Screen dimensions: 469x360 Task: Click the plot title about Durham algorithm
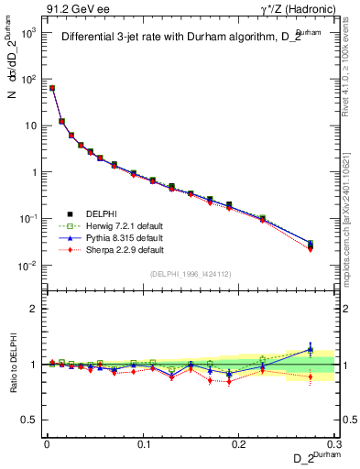tap(184, 38)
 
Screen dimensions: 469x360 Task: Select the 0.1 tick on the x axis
tap(144, 443)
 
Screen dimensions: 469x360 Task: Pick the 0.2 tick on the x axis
tap(240, 443)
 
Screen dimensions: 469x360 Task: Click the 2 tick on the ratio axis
tap(33, 309)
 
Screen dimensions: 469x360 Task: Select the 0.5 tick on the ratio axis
tap(29, 420)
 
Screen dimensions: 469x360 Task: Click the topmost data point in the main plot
tap(52, 88)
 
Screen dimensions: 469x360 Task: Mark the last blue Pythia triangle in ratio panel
tap(311, 349)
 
